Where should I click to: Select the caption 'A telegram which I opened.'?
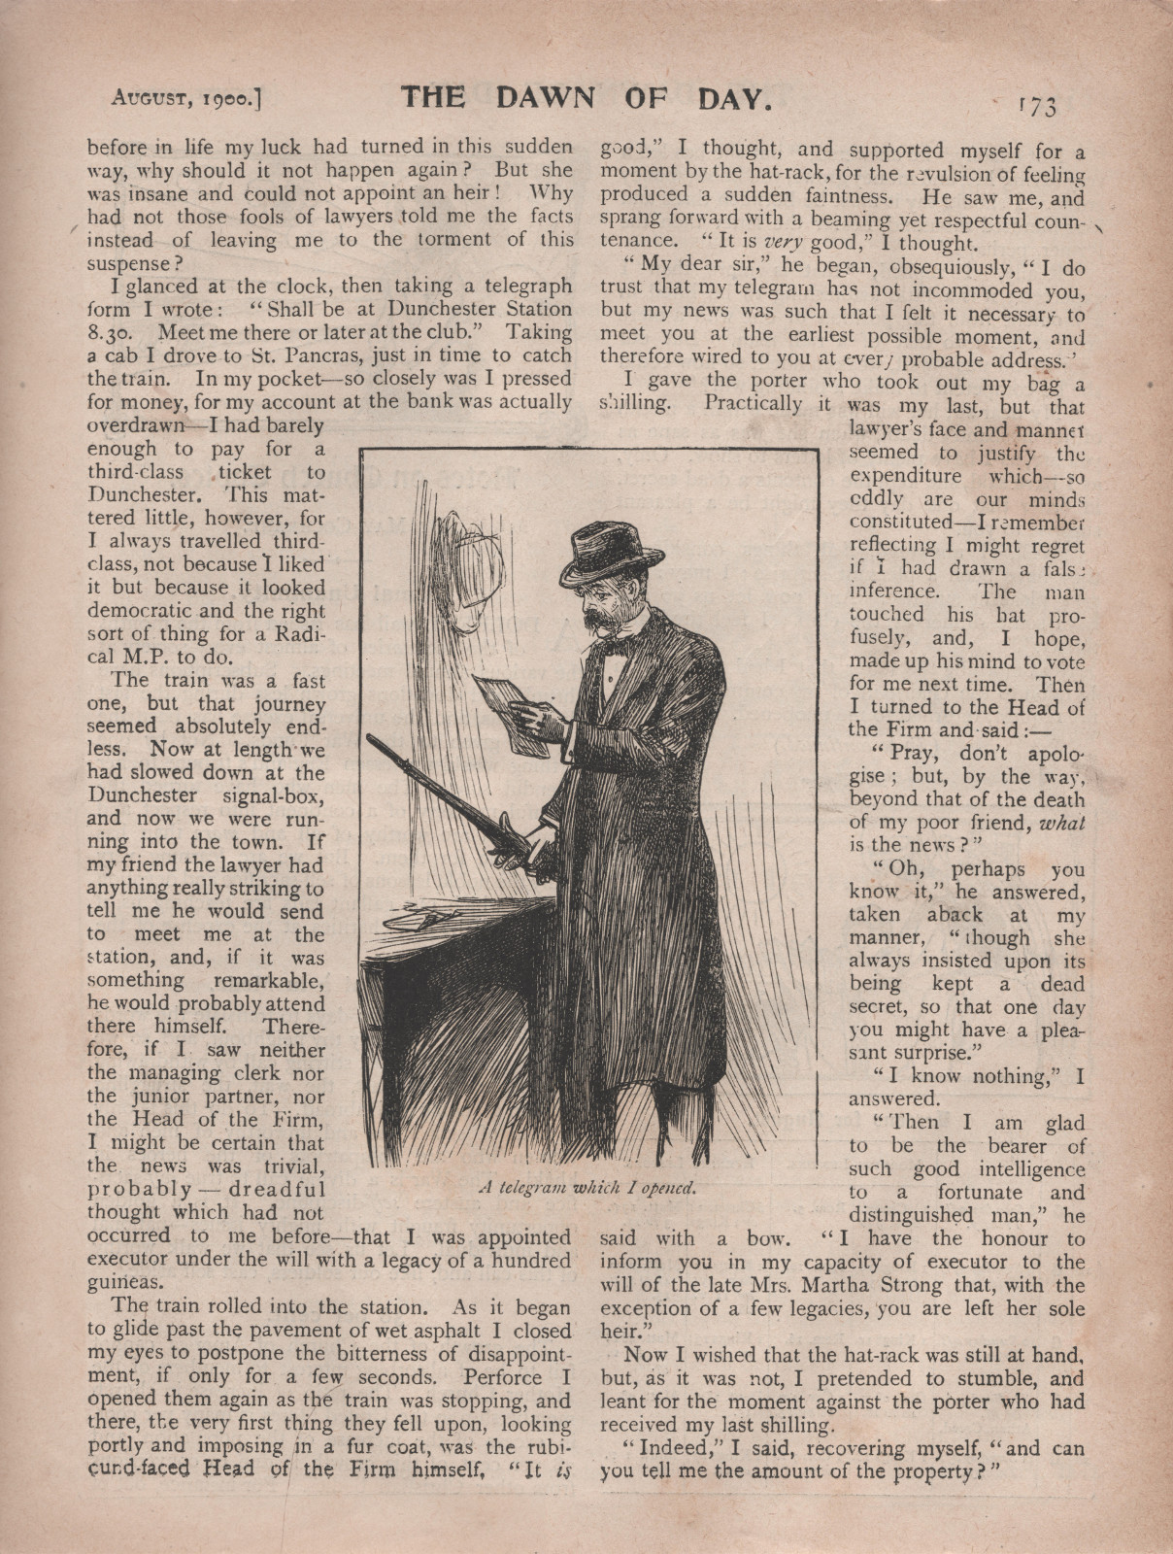coord(588,1187)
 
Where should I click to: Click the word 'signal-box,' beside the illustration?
coord(272,796)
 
